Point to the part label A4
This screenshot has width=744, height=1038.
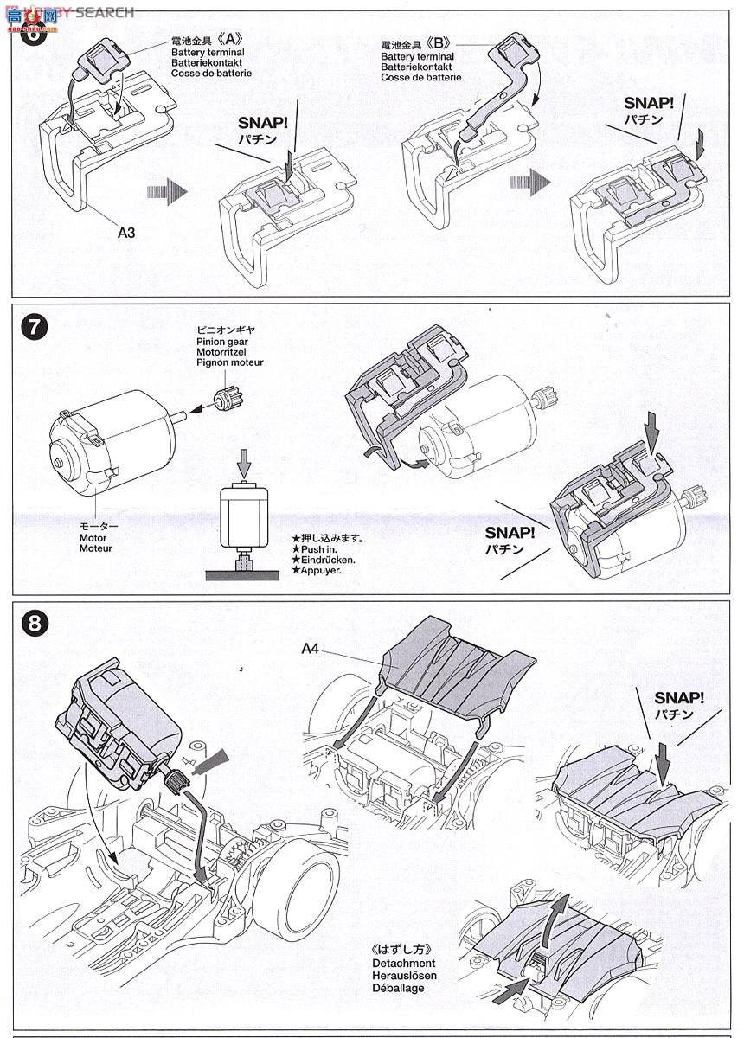click(312, 649)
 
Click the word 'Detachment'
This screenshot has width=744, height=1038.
click(403, 963)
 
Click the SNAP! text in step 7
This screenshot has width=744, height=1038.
click(510, 533)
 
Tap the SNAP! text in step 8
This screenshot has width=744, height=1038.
click(679, 697)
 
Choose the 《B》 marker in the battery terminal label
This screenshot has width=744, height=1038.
click(440, 45)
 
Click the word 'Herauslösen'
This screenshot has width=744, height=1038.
click(405, 976)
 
